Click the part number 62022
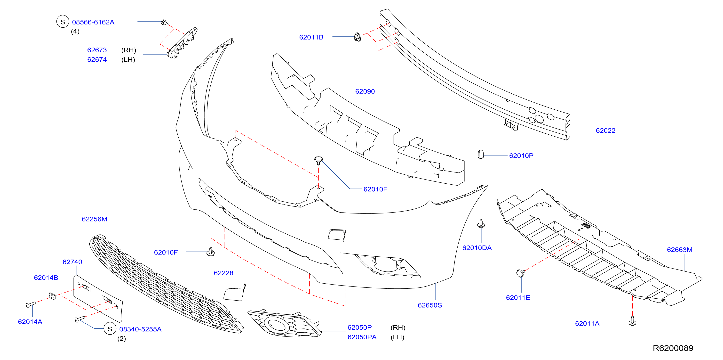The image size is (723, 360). click(x=605, y=130)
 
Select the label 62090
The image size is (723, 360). click(x=365, y=91)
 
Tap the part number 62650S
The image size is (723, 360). click(x=430, y=305)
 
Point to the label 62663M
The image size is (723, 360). click(x=680, y=250)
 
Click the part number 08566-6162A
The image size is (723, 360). click(x=93, y=22)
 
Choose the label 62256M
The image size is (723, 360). click(x=94, y=219)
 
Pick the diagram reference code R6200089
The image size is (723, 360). click(x=673, y=348)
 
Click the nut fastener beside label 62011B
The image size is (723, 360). click(x=357, y=37)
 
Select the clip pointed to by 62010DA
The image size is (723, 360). click(x=481, y=224)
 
